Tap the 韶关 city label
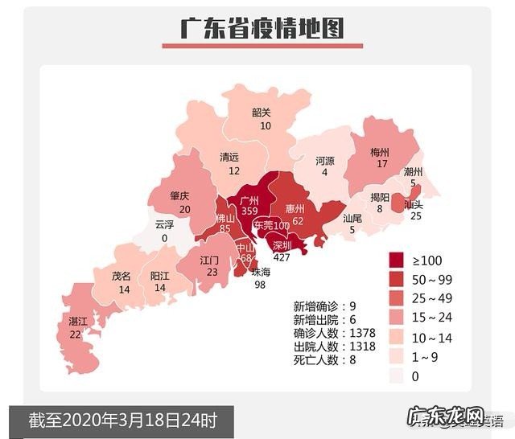[x=262, y=113]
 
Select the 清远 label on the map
[x=230, y=158]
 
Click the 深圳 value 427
[x=281, y=257]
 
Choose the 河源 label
[x=325, y=161]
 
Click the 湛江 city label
[x=78, y=322]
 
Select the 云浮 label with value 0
[x=164, y=226]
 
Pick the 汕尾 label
[x=352, y=218]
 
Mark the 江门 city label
[x=210, y=261]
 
